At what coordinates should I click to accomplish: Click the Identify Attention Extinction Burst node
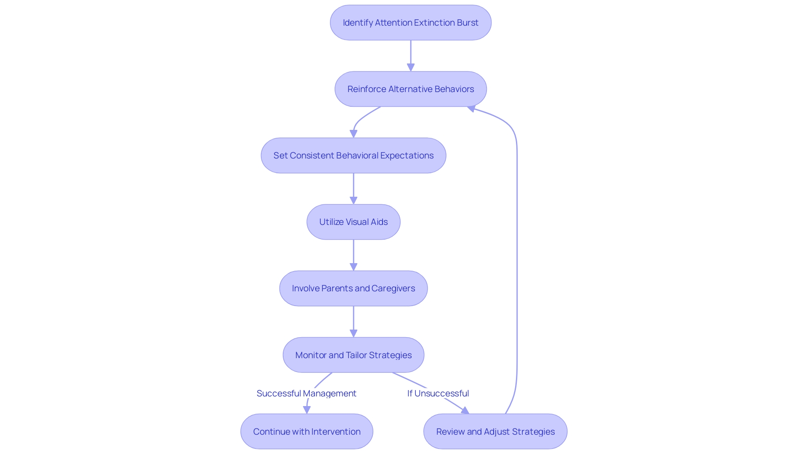(x=410, y=23)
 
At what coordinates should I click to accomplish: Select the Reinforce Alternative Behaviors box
(x=410, y=89)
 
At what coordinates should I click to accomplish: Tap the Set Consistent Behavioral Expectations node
(x=353, y=156)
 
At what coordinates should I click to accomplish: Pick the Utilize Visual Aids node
(x=353, y=222)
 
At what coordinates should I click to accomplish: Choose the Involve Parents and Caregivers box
(x=353, y=288)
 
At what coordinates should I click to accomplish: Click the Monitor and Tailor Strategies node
(x=353, y=355)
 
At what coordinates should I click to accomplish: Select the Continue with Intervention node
(x=306, y=431)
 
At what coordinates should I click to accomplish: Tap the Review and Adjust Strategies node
(x=495, y=431)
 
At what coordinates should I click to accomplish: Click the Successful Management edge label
(x=306, y=393)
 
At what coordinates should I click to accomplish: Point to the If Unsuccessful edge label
(x=438, y=393)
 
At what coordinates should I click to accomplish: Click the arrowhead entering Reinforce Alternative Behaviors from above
(x=411, y=67)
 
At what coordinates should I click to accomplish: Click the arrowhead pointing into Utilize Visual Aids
(x=353, y=201)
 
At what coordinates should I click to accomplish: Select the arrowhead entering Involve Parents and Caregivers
(x=353, y=267)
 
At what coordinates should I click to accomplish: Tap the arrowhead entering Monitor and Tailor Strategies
(x=353, y=333)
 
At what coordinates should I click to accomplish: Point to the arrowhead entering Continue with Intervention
(x=307, y=410)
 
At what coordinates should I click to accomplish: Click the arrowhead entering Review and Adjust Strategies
(x=465, y=410)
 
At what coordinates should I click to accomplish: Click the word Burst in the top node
(x=468, y=23)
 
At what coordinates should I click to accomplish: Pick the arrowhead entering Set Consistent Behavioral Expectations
(x=353, y=134)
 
